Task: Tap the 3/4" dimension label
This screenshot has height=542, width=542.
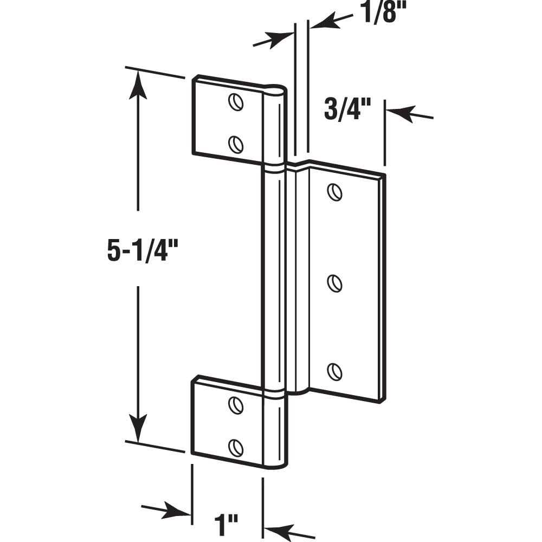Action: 347,109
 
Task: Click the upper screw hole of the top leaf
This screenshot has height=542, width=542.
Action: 235,102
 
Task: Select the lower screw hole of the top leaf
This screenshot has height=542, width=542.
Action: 235,144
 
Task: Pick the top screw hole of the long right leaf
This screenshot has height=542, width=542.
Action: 334,192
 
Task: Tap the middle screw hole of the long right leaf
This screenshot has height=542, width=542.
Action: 335,283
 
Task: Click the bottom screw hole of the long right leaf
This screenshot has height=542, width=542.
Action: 335,372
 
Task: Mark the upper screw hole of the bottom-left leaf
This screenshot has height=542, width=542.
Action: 235,404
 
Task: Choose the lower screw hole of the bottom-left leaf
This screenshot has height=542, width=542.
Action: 235,446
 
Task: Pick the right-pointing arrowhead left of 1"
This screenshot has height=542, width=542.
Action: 179,511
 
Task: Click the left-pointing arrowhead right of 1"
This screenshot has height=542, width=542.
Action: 276,529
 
